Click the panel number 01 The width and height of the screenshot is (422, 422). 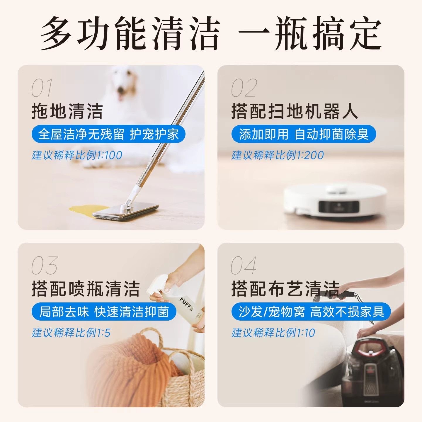tap(42, 88)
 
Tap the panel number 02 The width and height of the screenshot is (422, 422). tap(244, 88)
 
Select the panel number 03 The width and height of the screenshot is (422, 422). tap(45, 266)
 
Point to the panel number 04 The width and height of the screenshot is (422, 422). tap(244, 266)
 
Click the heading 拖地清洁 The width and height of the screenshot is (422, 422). tap(67, 111)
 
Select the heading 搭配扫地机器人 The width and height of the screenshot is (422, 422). tap(295, 111)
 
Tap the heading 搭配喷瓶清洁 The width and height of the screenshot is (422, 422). tap(85, 289)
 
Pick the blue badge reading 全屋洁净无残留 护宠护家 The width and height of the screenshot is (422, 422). tap(108, 134)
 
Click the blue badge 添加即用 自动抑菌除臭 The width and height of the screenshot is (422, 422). tap(304, 134)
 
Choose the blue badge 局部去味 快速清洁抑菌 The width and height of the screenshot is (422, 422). tap(104, 312)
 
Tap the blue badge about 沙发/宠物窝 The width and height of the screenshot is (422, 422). tap(311, 312)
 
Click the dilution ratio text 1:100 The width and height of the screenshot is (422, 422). tap(110, 156)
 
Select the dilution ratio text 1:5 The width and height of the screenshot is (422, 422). tap(103, 333)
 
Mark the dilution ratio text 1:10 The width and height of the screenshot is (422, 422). tap(306, 333)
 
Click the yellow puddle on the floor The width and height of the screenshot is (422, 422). tap(88, 210)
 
